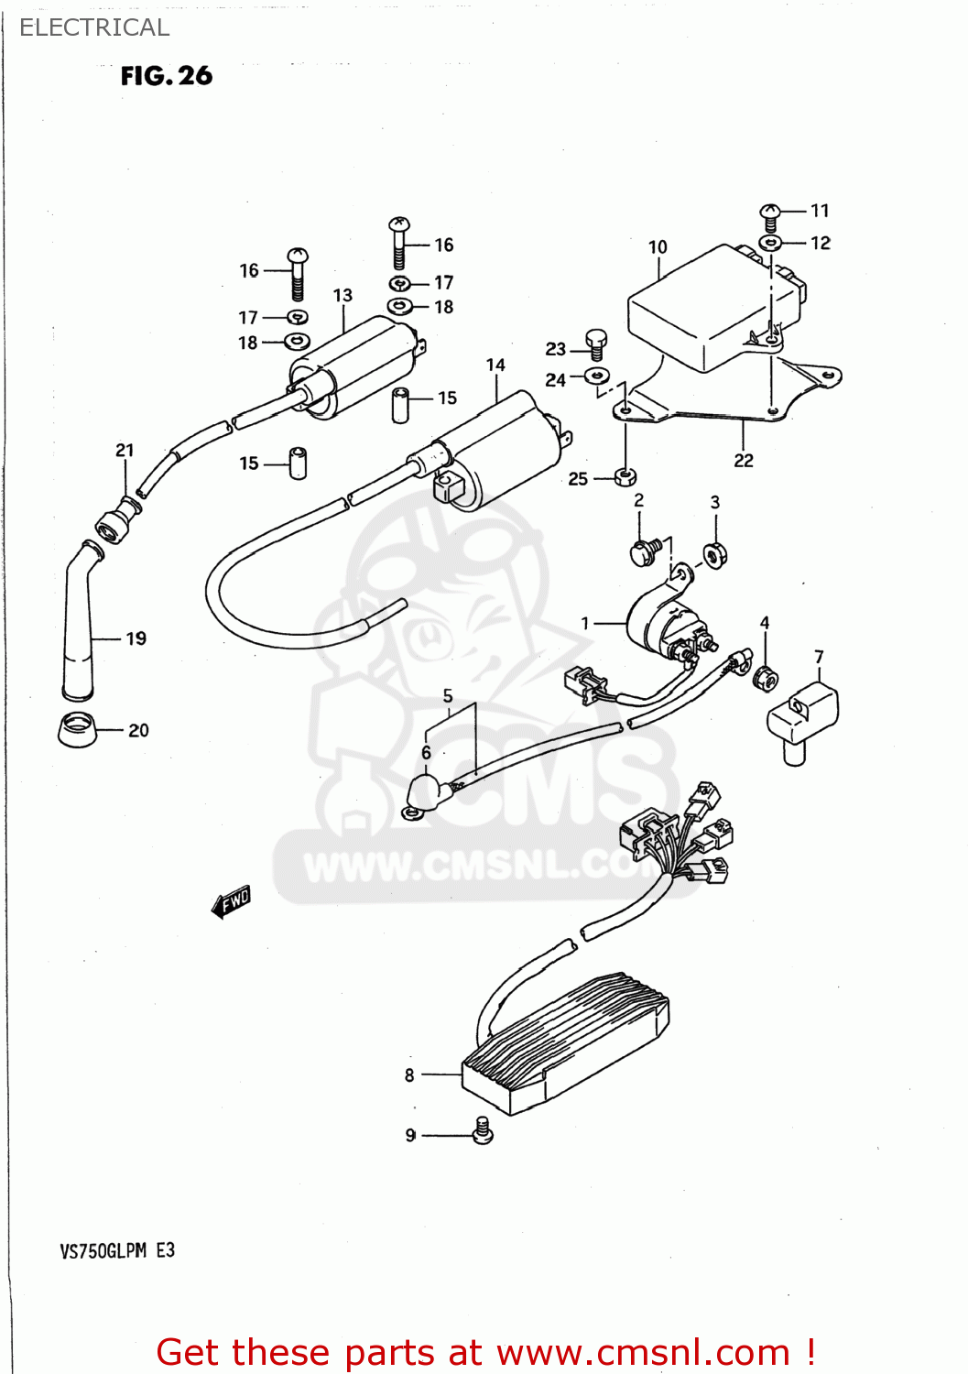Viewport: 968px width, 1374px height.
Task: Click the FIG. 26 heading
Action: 166,76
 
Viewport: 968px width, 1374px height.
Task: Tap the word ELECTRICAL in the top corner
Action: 94,27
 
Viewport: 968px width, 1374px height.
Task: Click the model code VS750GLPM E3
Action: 117,1250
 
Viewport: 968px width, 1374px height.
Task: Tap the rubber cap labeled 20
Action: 78,728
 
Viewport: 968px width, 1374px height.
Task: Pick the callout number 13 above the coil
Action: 343,296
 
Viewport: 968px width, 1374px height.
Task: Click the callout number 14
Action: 495,365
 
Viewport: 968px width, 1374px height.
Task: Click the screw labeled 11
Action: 770,216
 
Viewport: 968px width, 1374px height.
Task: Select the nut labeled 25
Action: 625,476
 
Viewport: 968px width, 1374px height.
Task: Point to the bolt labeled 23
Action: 596,343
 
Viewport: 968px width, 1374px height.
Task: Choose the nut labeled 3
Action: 715,555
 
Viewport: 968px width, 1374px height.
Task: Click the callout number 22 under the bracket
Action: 744,461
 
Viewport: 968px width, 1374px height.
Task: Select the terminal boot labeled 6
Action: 423,792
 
